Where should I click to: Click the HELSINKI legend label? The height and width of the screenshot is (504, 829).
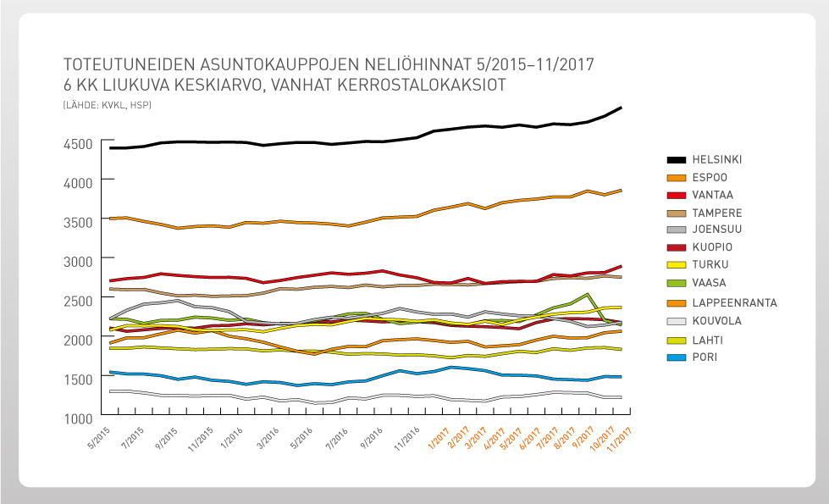(716, 159)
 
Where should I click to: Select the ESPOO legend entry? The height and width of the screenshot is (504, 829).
(709, 178)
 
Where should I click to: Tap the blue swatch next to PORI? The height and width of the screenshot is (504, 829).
(676, 357)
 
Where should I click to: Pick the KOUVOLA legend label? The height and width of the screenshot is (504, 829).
(716, 322)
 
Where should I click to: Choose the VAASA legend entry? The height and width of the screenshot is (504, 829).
(708, 283)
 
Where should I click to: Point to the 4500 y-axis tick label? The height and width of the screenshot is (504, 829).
(78, 144)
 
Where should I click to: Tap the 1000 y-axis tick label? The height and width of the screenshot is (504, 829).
(78, 418)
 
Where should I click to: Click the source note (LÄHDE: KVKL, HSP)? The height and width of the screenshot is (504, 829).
(107, 104)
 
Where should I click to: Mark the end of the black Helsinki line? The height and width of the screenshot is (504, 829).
(622, 108)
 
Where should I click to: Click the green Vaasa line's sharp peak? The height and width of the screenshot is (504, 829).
(586, 295)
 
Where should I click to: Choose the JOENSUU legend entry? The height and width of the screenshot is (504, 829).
(716, 230)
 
